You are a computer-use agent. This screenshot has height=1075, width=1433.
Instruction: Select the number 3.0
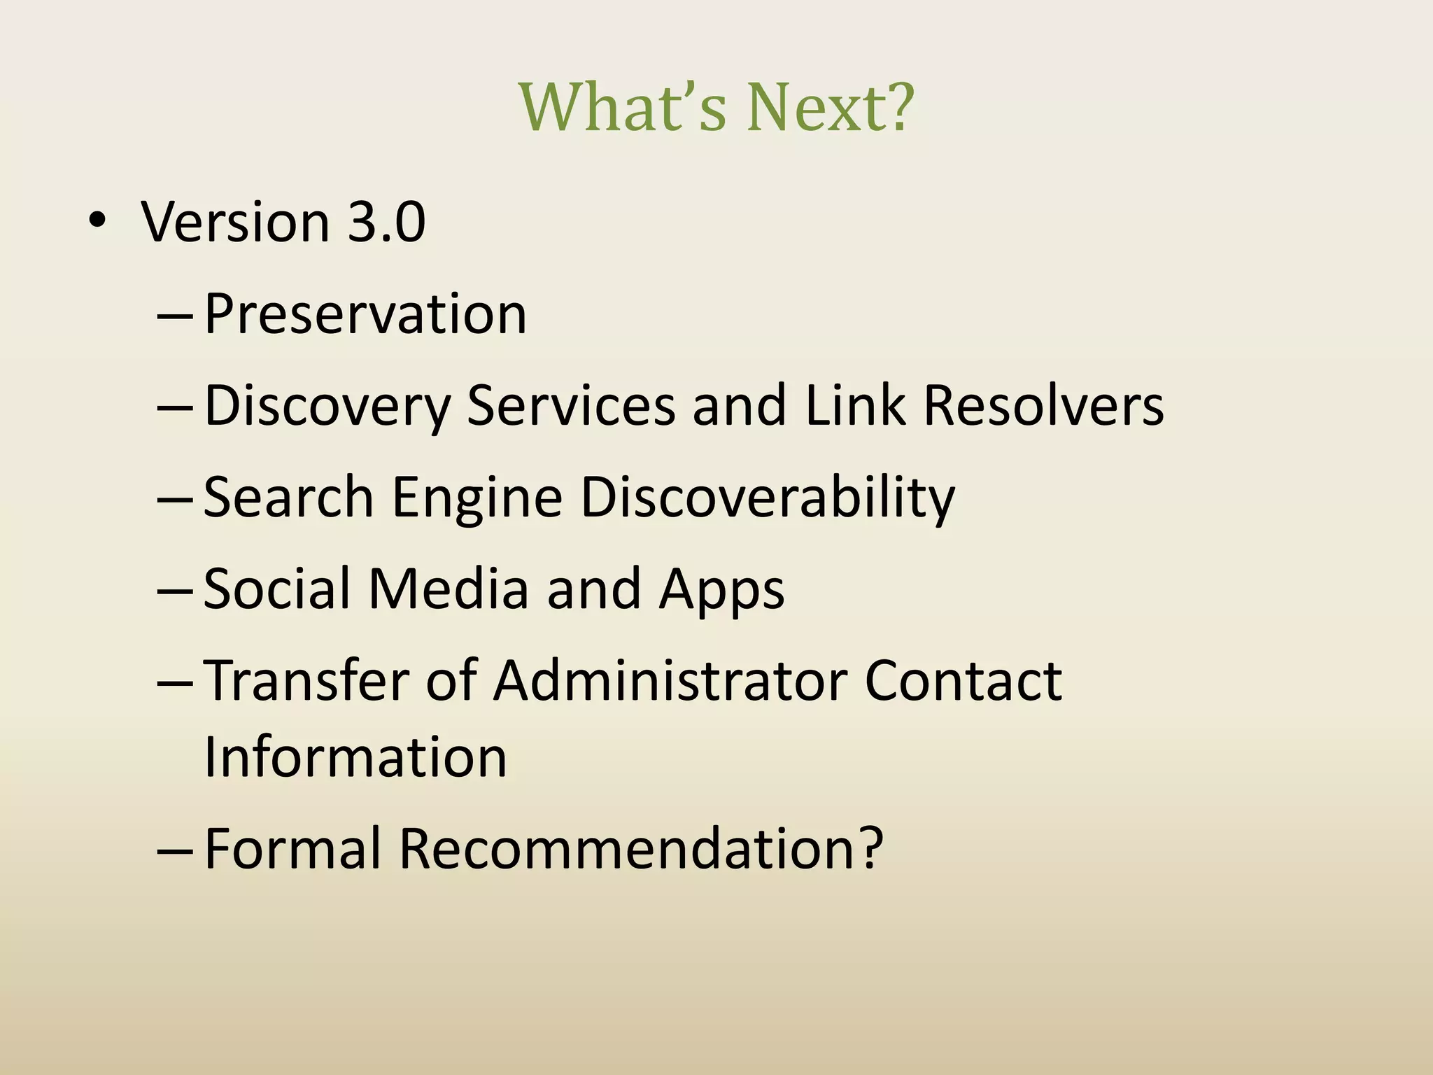pos(387,222)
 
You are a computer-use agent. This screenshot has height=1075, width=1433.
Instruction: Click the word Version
pos(235,222)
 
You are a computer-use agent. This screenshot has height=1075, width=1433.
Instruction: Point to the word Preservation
pos(365,314)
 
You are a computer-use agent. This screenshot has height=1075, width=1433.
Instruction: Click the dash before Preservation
pos(175,316)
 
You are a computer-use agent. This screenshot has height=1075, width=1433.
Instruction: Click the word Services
pos(571,405)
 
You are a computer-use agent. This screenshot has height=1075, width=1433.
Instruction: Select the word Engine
pos(477,498)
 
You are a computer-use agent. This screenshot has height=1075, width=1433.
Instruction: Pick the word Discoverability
pos(768,498)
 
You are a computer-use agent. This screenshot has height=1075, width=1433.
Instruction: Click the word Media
pos(448,589)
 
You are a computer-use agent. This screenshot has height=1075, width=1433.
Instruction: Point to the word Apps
pos(721,590)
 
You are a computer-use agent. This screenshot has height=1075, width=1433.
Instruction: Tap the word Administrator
pos(670,680)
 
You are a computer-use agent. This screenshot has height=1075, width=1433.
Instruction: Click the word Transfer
pos(306,680)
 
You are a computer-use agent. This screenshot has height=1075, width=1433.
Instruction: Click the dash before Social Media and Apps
pos(175,591)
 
